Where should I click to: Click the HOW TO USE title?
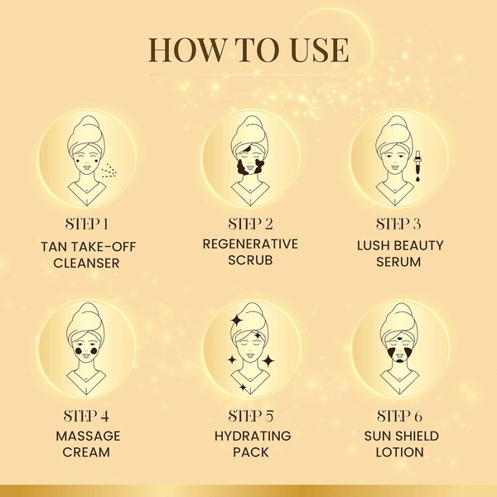tap(248, 51)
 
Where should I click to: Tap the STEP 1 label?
tap(87, 224)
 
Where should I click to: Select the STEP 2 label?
tap(251, 224)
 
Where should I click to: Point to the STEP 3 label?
tap(398, 224)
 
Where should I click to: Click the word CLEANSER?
tap(87, 263)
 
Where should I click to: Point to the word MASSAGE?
tap(88, 435)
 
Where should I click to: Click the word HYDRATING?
tap(251, 435)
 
